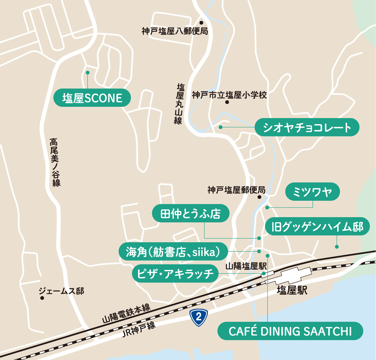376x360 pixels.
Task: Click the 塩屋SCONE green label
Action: click(92, 98)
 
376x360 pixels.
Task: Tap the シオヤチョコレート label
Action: click(307, 127)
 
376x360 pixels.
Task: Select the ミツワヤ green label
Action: click(312, 192)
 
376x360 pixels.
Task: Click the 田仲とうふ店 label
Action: click(190, 213)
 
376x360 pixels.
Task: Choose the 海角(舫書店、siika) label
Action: click(173, 251)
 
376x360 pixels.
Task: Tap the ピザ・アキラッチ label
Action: click(175, 274)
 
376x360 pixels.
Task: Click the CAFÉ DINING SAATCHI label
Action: click(290, 331)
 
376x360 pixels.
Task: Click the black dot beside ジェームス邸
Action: click(42, 298)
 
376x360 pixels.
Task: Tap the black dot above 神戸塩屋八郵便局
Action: click(201, 23)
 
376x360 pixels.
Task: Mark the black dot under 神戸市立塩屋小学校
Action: click(227, 102)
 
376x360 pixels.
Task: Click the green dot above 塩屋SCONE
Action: click(87, 73)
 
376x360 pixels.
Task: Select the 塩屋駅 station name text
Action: click(292, 291)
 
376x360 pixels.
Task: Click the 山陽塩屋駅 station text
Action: click(246, 266)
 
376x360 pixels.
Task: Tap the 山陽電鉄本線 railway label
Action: click(126, 314)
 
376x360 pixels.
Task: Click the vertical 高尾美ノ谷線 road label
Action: click(55, 162)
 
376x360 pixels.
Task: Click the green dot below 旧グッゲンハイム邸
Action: click(337, 247)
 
